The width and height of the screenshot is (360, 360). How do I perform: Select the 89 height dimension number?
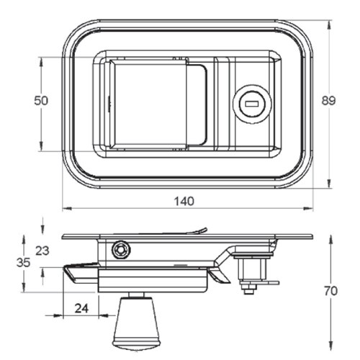point(329,102)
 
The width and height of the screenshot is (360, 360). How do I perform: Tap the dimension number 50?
point(41,102)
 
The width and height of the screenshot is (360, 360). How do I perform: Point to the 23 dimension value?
point(42,251)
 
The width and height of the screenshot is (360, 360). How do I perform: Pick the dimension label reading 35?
point(24,263)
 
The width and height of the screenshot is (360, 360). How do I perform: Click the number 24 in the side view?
point(81,308)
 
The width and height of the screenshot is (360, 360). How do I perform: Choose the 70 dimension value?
point(330,292)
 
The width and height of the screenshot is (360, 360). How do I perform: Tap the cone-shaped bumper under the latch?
point(136,323)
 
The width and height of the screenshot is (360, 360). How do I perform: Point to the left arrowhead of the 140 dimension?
point(65,210)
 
